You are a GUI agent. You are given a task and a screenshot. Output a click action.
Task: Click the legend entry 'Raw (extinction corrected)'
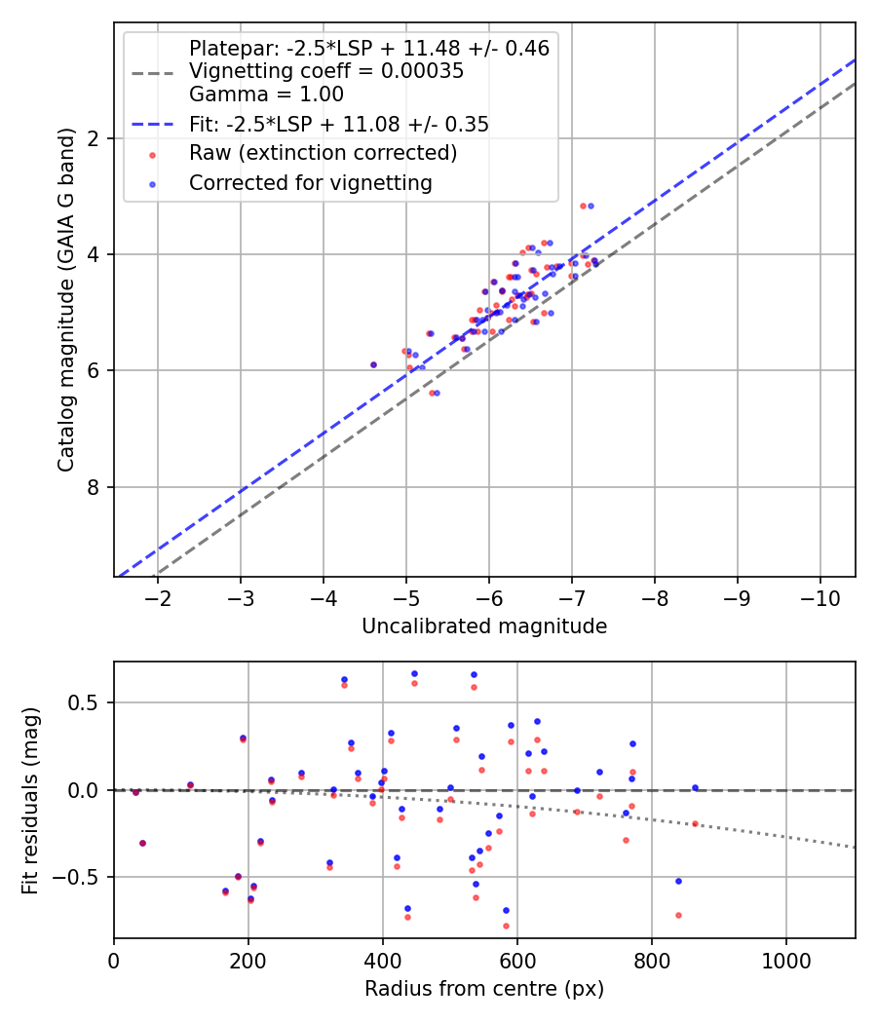(323, 153)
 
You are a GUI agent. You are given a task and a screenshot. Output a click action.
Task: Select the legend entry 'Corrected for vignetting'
(310, 182)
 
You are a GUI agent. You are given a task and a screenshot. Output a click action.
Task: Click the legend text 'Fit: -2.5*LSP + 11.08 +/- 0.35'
(338, 124)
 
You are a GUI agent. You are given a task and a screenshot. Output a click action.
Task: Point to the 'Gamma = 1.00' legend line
(266, 95)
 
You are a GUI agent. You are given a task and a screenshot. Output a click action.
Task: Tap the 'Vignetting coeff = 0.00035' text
(326, 71)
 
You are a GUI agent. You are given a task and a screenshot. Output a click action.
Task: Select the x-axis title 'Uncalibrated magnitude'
(484, 626)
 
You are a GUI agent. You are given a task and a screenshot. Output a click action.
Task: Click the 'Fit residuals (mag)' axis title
(31, 800)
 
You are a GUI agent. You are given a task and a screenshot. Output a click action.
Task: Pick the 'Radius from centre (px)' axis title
(484, 989)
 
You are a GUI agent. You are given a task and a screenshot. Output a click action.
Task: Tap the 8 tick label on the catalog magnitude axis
(95, 487)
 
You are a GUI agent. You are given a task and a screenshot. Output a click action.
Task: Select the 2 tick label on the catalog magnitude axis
(95, 138)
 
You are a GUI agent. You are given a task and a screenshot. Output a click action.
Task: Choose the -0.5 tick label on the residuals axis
(83, 877)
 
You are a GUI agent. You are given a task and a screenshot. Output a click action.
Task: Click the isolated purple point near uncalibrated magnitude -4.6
(373, 364)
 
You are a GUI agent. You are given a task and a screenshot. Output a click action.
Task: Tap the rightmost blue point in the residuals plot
(695, 787)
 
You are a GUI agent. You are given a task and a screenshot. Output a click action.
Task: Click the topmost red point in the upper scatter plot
(583, 206)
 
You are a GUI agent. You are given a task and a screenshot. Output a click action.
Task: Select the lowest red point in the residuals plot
(506, 926)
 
